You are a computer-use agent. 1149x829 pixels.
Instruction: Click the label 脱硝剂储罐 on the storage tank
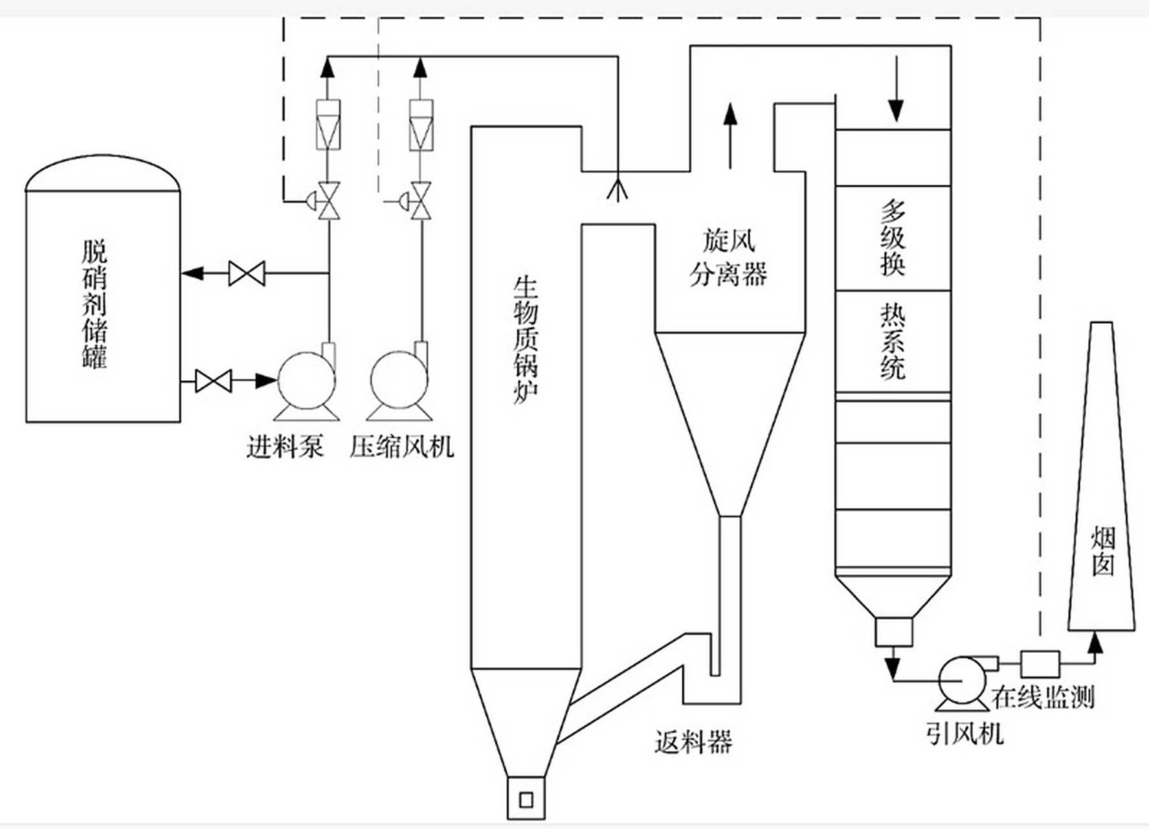[x=95, y=305]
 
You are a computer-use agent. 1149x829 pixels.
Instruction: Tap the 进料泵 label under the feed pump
[x=285, y=447]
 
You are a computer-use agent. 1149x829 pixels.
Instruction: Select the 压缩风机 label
[x=402, y=447]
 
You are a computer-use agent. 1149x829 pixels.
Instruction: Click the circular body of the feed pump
[x=305, y=381]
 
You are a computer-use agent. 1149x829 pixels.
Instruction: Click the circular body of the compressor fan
[x=398, y=381]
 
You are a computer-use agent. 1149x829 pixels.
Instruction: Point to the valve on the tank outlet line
[x=213, y=381]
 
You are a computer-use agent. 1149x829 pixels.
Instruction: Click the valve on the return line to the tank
[x=247, y=273]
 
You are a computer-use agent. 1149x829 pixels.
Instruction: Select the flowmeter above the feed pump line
[x=329, y=125]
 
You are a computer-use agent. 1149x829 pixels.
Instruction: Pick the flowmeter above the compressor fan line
[x=421, y=125]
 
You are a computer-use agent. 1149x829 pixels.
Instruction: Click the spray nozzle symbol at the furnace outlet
[x=618, y=188]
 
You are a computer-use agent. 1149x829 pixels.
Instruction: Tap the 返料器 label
[x=693, y=741]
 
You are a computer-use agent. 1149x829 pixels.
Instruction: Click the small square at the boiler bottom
[x=526, y=799]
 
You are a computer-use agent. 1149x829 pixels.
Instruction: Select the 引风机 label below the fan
[x=965, y=734]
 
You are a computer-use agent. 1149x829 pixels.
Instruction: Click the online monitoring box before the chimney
[x=1040, y=664]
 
